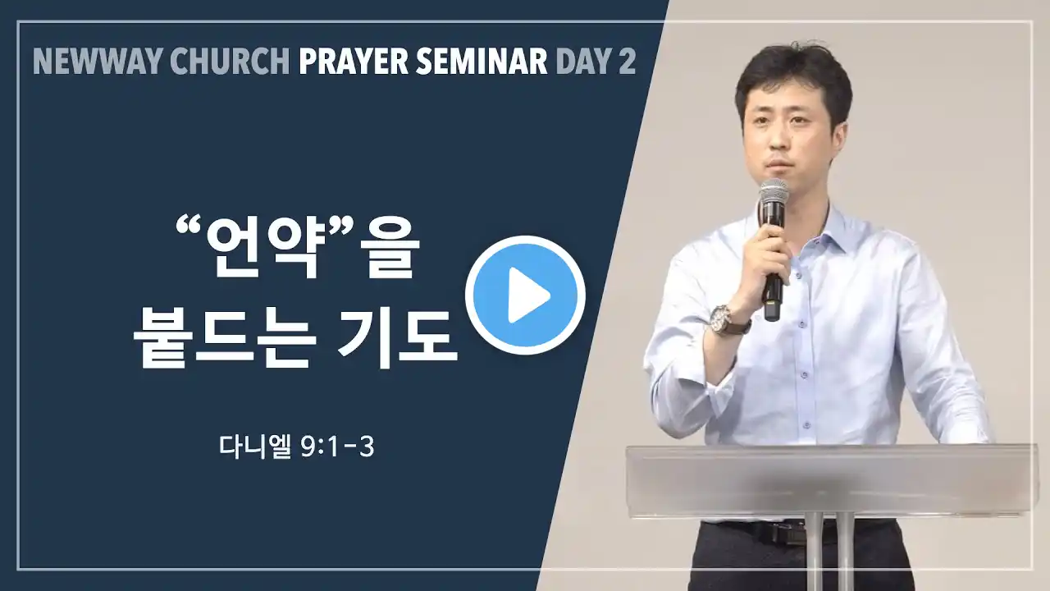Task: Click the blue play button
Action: [525, 295]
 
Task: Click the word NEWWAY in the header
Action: [98, 62]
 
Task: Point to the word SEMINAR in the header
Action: [482, 62]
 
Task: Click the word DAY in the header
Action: [582, 62]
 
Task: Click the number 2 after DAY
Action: [627, 62]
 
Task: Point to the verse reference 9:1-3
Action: [337, 448]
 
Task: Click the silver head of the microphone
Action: [774, 194]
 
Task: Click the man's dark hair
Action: [793, 75]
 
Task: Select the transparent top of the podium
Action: [832, 481]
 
